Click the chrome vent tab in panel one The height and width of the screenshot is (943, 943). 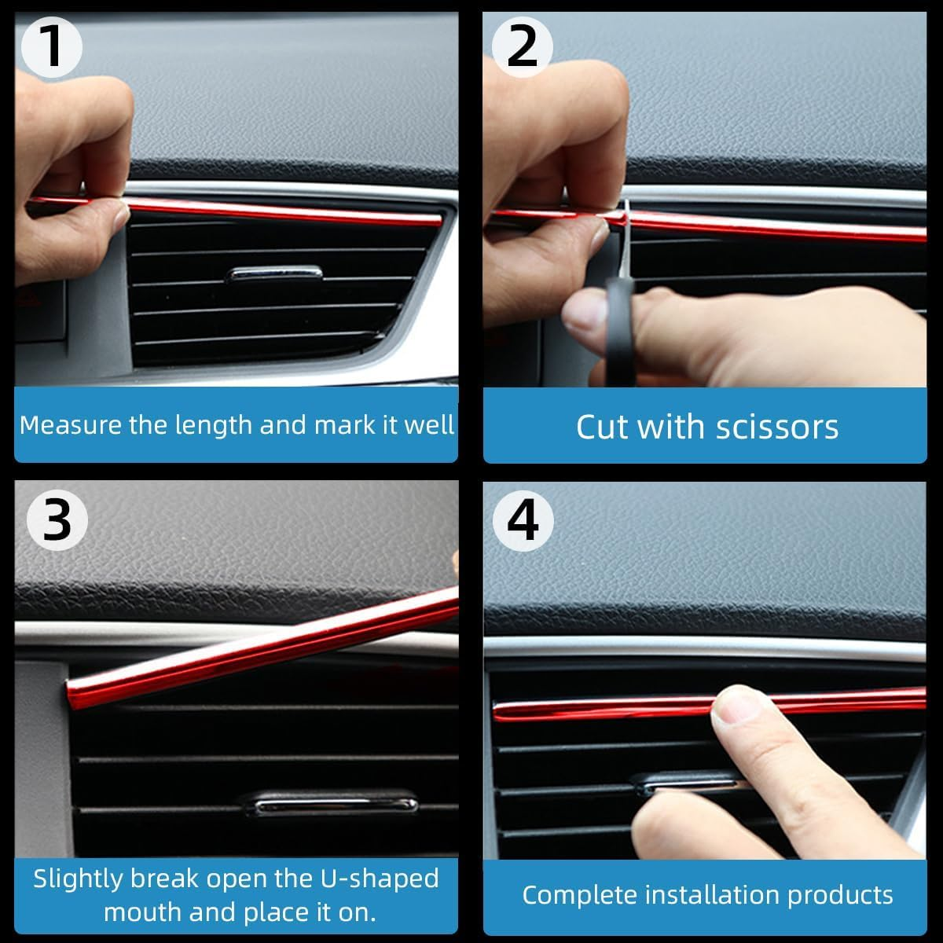click(274, 274)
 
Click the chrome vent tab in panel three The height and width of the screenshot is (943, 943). click(330, 805)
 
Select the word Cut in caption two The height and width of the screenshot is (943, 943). click(602, 427)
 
